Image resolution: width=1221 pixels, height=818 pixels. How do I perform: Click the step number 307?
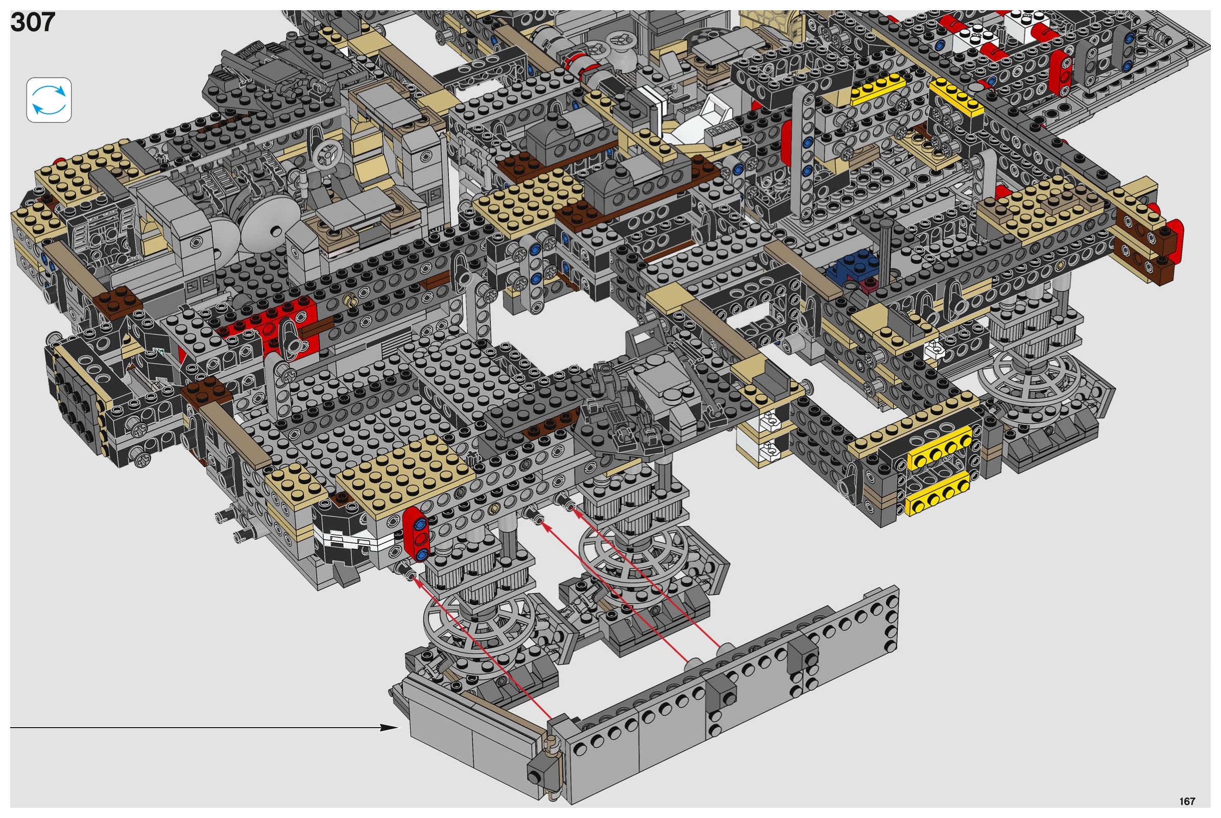point(32,22)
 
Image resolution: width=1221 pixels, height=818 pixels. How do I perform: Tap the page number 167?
point(1187,801)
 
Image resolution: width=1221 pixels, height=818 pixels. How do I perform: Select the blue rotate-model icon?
point(49,100)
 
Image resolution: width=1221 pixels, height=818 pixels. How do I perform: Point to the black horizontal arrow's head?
point(389,727)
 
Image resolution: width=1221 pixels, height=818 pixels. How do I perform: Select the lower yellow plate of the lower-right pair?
point(938,495)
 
